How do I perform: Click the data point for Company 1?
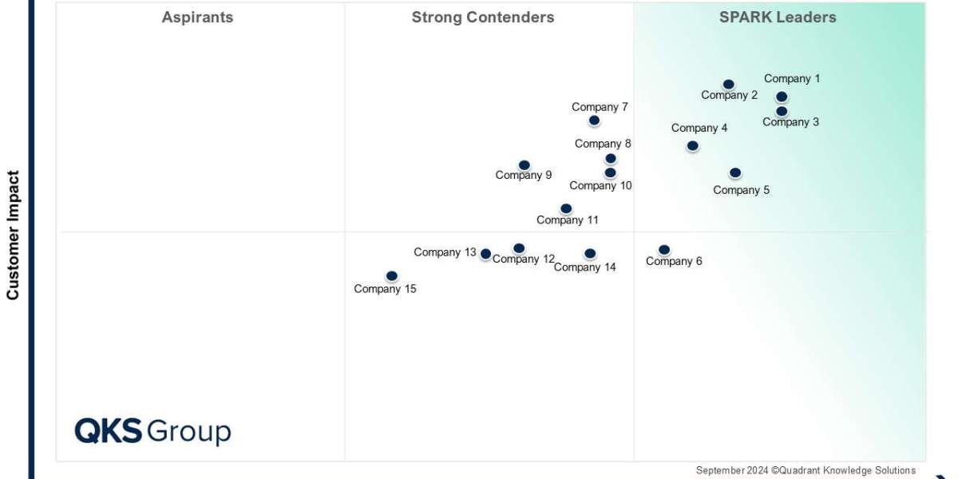[782, 97]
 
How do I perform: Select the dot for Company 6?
[664, 250]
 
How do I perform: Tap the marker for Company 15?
[391, 276]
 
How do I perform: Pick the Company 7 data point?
[594, 121]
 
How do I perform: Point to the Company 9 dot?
[524, 165]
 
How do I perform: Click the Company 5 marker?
[735, 172]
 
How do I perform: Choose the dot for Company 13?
[485, 254]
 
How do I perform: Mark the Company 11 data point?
[566, 208]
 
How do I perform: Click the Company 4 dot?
[692, 146]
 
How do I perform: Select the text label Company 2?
[729, 95]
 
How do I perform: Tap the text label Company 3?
[790, 122]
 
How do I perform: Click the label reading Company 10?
[600, 186]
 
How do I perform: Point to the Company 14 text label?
[584, 267]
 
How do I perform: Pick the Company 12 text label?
[523, 259]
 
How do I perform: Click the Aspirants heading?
[197, 18]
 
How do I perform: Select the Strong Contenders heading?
[482, 18]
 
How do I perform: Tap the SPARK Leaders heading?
[778, 18]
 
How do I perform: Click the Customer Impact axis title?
[13, 235]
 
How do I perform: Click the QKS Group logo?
[152, 431]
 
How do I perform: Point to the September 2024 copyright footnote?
[805, 470]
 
